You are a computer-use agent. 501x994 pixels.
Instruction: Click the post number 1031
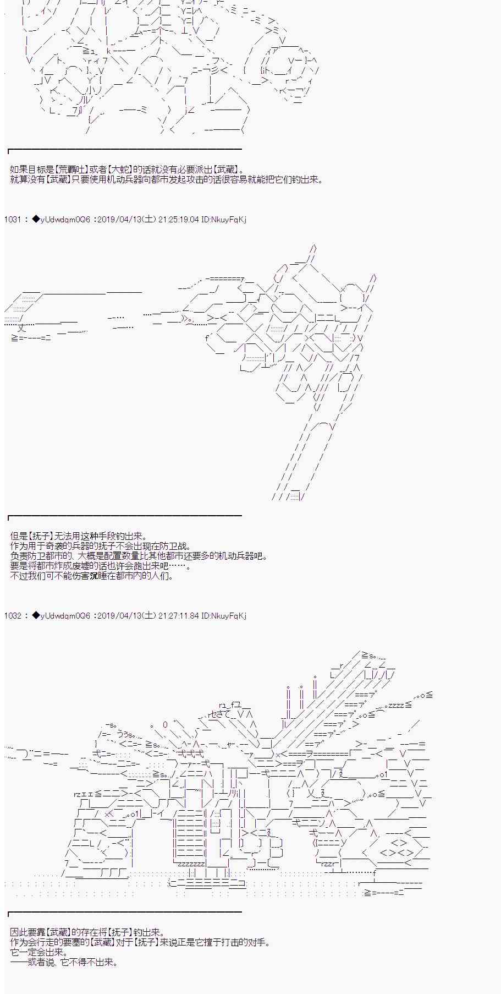click(x=12, y=220)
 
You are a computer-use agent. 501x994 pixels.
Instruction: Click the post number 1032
click(x=12, y=616)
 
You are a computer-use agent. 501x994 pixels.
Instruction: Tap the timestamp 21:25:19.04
click(x=178, y=220)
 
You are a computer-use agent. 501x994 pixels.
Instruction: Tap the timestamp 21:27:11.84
click(x=178, y=616)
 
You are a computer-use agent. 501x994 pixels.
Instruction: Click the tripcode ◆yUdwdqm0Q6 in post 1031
click(x=61, y=220)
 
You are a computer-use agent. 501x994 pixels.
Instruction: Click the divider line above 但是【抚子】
click(x=125, y=516)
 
